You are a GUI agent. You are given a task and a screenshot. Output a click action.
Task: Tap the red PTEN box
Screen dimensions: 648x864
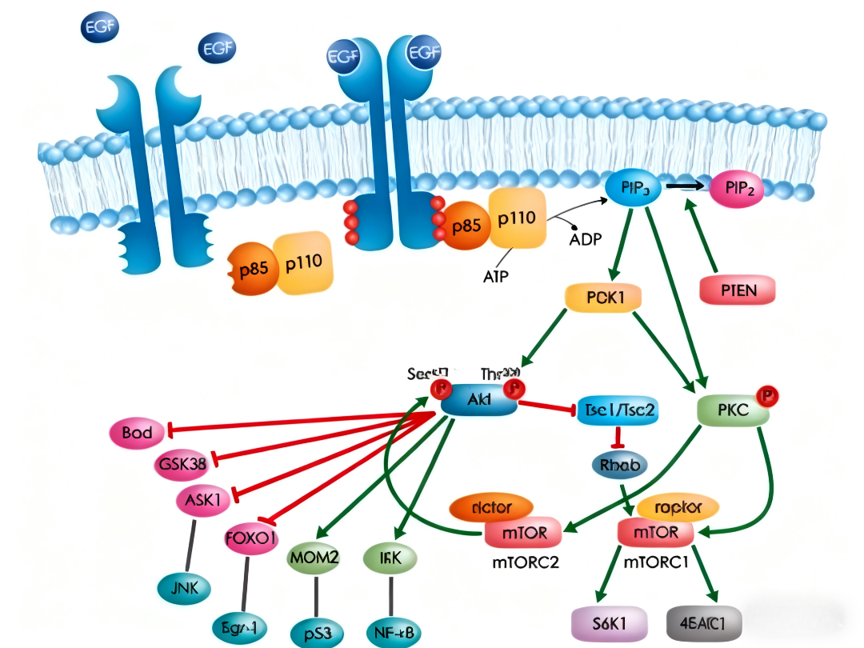(x=737, y=289)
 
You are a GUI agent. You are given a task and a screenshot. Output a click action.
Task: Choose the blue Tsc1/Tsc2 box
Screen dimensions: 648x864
(x=621, y=410)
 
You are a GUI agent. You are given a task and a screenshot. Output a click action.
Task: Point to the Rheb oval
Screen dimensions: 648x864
(x=620, y=464)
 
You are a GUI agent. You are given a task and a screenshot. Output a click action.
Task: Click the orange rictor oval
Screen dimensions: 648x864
(x=491, y=506)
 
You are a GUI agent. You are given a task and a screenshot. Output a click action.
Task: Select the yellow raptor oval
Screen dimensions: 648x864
(x=678, y=507)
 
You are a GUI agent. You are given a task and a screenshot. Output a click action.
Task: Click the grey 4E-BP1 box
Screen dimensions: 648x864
(x=704, y=624)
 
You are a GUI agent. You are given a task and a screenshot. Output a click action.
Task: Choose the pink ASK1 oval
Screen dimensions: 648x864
(x=203, y=500)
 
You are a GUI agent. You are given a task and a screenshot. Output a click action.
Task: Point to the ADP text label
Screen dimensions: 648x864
(x=586, y=238)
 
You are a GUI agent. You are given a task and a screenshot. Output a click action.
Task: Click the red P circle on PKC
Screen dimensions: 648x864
(x=768, y=395)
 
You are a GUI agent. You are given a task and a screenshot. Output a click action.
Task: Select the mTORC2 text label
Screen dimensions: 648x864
(x=525, y=561)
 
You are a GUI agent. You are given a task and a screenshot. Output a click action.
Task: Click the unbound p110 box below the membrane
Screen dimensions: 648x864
(x=303, y=262)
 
